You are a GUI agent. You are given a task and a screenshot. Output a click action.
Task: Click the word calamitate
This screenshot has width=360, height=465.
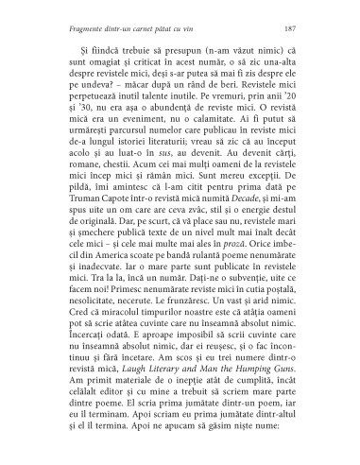tap(217, 129)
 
